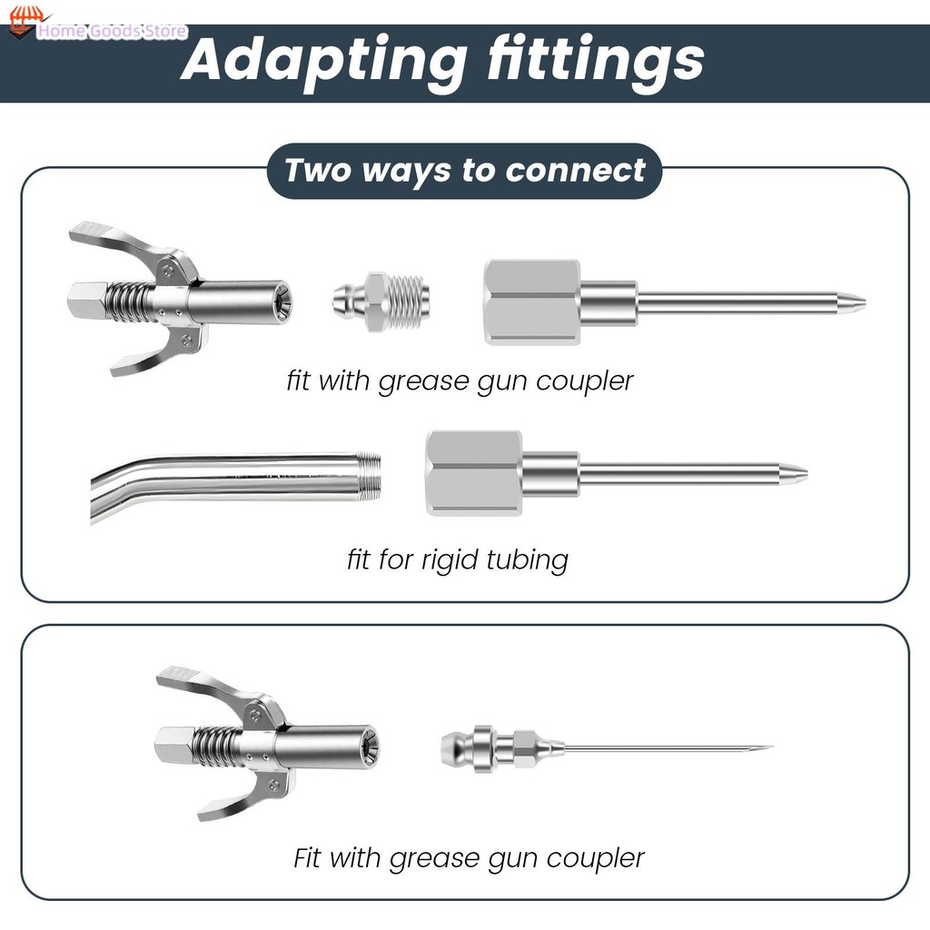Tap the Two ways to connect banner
[464, 171]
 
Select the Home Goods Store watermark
[109, 32]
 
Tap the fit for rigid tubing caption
[457, 559]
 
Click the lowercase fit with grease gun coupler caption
[460, 380]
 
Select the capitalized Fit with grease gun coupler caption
[469, 857]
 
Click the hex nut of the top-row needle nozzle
[532, 302]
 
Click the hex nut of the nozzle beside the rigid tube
[473, 473]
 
